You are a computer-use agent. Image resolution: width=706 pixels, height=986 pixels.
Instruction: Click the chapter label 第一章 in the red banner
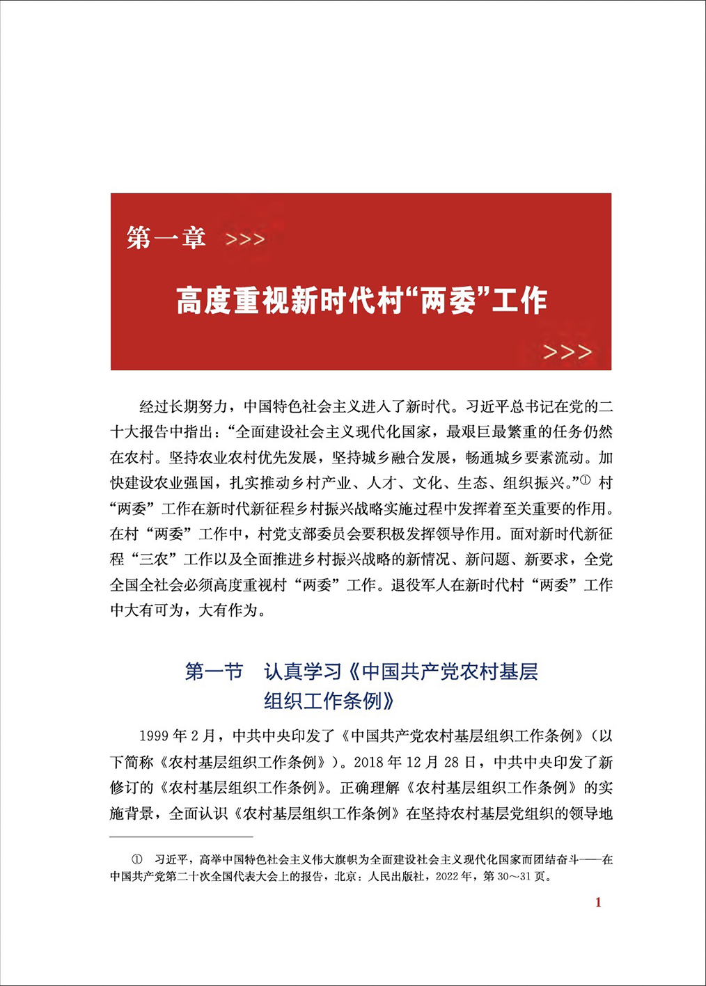point(166,238)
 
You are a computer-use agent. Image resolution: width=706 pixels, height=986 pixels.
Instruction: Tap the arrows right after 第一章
point(245,240)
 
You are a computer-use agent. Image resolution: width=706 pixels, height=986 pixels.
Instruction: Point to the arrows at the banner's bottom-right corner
point(567,352)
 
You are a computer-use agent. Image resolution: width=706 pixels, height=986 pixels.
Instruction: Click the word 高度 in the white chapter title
point(198,301)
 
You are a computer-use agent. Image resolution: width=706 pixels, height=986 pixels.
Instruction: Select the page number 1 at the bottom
point(598,902)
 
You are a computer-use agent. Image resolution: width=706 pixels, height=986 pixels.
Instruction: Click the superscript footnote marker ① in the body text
point(585,480)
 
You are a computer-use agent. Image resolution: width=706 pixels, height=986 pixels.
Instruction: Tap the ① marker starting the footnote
point(137,860)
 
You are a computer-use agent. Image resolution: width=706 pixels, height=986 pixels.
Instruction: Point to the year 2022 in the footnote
point(449,877)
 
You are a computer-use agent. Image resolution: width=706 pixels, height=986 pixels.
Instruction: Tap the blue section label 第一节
point(214,671)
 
